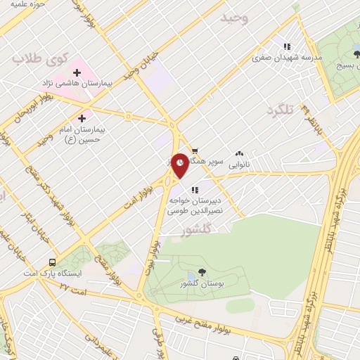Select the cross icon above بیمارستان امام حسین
coord(82,117)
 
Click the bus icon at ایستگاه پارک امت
coord(53,262)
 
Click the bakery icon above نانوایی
coord(239,153)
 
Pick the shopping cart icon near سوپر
coord(195,150)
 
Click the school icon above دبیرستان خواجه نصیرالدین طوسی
coord(195,188)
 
